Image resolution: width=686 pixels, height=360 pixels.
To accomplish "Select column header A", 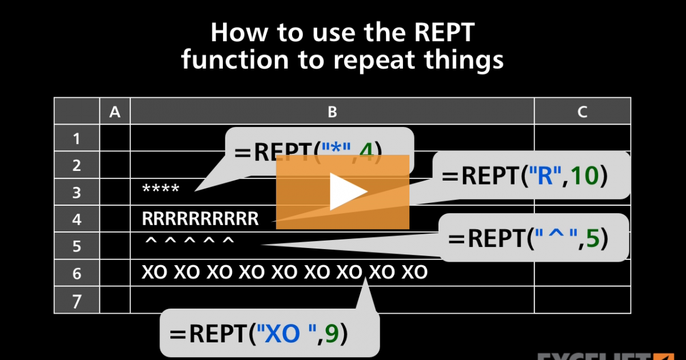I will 115,112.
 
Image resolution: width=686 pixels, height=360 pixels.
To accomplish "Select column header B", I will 332,112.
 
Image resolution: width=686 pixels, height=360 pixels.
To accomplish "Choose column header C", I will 582,112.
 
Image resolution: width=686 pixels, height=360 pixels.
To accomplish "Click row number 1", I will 77,139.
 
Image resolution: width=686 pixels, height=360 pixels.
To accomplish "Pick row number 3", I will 77,193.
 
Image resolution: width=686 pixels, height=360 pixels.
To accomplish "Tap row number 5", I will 77,247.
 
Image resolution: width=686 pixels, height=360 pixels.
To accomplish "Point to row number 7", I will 77,301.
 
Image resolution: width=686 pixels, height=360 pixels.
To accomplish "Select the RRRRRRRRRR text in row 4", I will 200,219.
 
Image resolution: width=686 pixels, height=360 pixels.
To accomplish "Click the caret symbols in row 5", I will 189,243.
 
